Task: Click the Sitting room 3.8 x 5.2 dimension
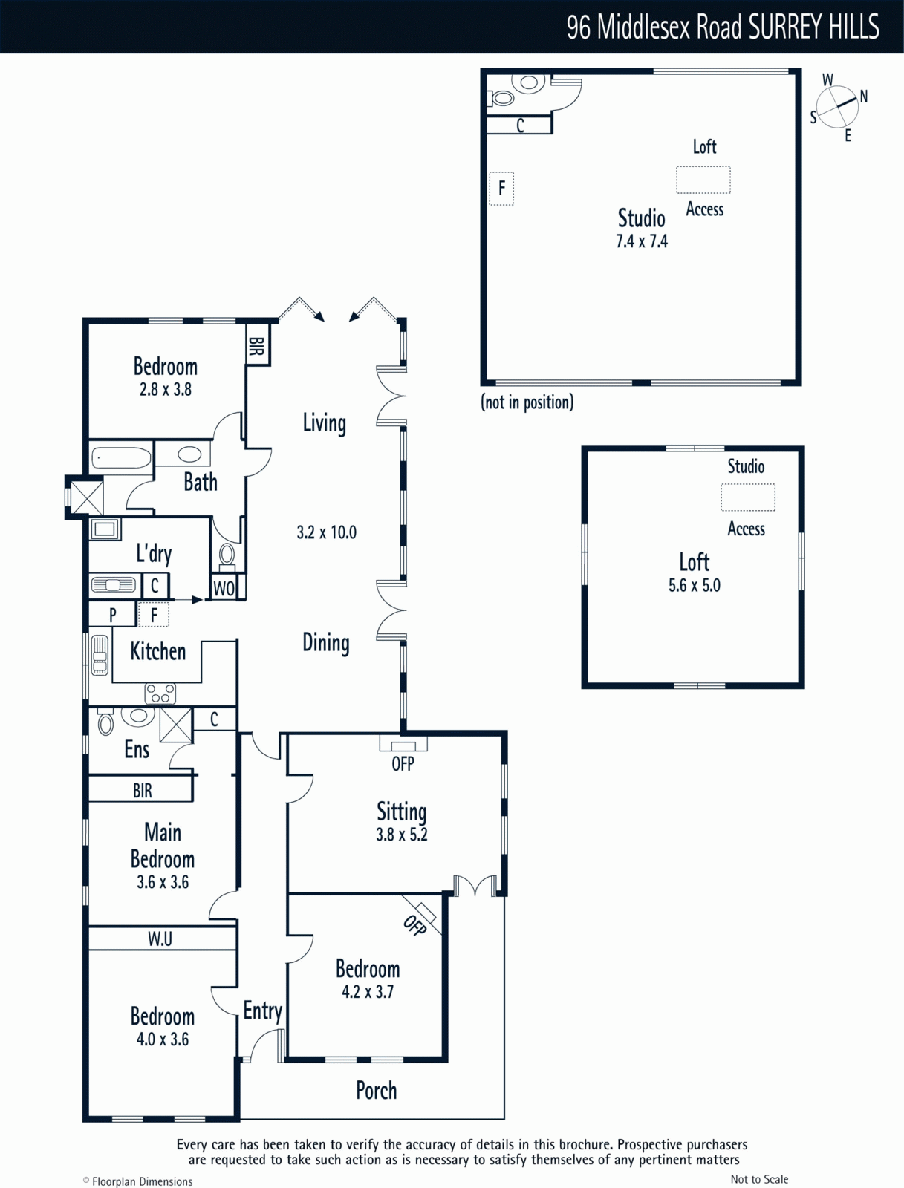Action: coord(402,834)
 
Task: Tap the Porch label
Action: coord(376,1090)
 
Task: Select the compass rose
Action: coord(837,107)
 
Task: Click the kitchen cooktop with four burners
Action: coord(160,693)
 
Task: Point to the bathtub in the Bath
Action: coord(121,459)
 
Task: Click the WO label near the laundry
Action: coord(224,588)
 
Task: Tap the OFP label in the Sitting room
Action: coord(403,764)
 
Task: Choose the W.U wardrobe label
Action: coord(160,939)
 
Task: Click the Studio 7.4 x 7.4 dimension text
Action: coord(642,241)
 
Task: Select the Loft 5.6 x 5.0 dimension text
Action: coord(694,585)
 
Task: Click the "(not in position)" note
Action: coord(527,402)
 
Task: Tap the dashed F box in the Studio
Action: coord(501,189)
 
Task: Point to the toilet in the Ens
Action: coord(105,722)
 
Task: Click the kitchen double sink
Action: coord(100,656)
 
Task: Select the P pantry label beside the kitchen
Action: coord(113,615)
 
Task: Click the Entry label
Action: coord(262,1011)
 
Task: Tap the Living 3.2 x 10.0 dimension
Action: coord(326,532)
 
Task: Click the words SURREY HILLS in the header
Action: coord(813,27)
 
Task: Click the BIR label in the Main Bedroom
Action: coord(143,791)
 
